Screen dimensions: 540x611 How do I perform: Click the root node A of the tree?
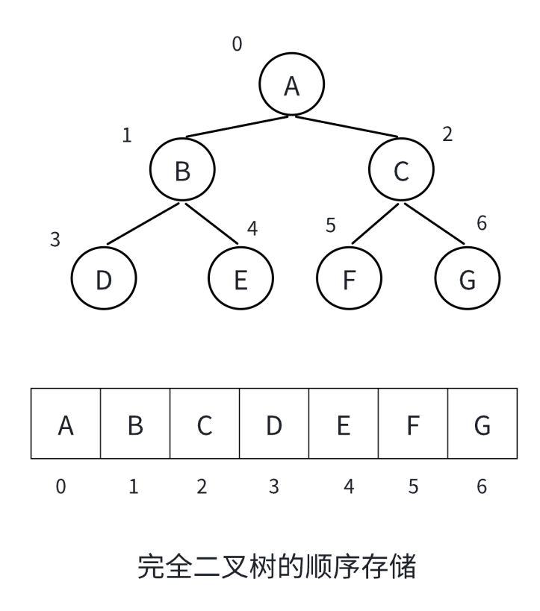coord(292,85)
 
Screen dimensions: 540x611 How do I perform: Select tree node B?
coord(182,170)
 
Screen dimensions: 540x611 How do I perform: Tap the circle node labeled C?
coord(401,170)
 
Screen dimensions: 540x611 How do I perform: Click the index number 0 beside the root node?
coord(237,45)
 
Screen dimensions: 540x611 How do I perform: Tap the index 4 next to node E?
coord(252,228)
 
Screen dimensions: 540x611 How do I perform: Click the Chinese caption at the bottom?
coord(276,567)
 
